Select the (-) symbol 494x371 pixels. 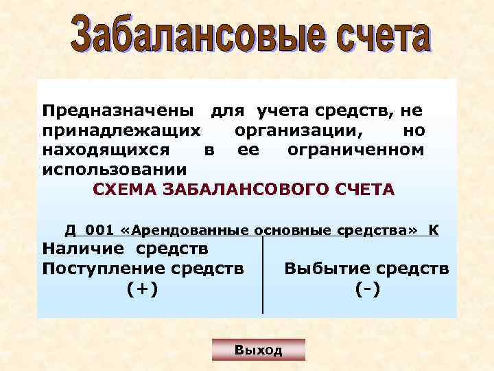click(x=368, y=289)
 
